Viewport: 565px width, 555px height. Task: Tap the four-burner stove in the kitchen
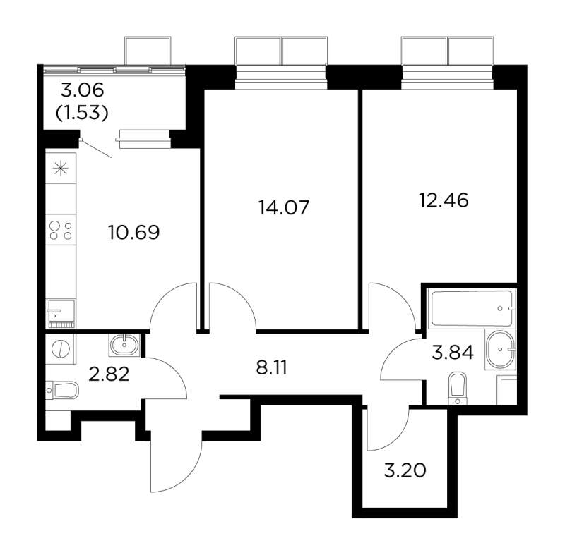pos(61,231)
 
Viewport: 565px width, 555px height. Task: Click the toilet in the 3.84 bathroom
pos(458,387)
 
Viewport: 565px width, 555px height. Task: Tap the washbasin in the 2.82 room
pos(124,345)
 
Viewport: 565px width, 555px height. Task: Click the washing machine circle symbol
pos(59,348)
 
